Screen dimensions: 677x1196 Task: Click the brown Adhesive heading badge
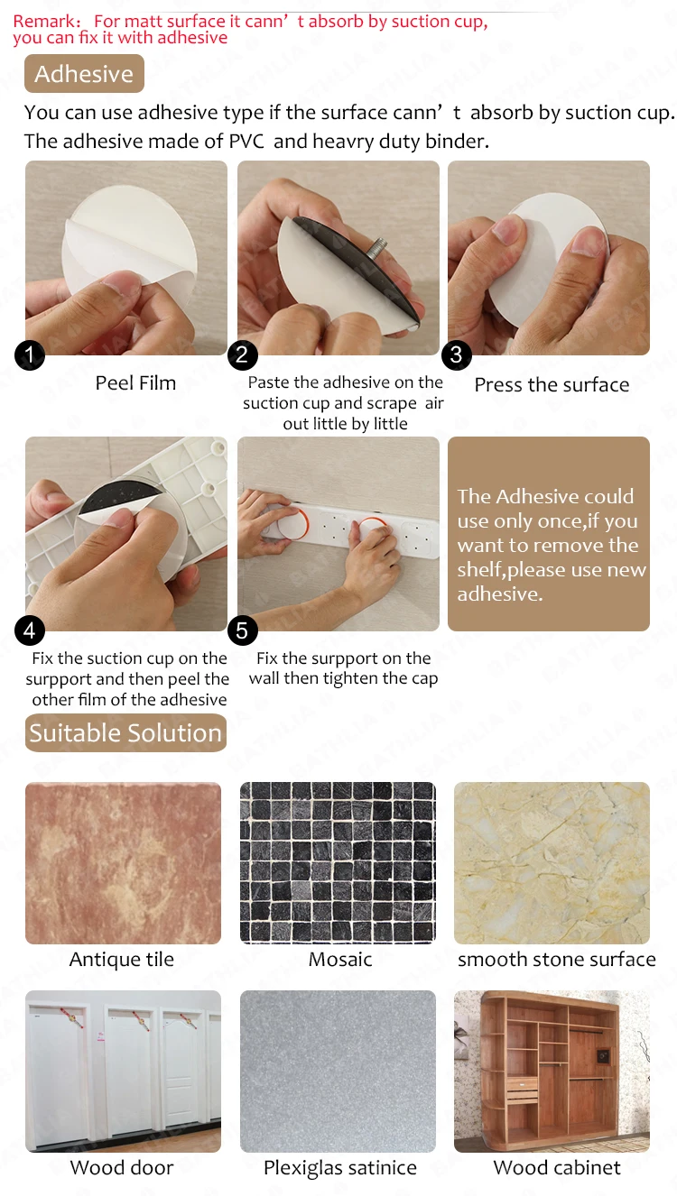pyautogui.click(x=85, y=74)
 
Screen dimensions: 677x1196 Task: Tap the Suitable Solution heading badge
pyautogui.click(x=125, y=732)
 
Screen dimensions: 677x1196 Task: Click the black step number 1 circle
pyautogui.click(x=30, y=355)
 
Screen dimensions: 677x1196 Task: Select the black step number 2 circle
pyautogui.click(x=243, y=355)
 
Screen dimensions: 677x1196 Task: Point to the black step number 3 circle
pyautogui.click(x=457, y=355)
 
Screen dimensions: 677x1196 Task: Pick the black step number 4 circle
pyautogui.click(x=30, y=630)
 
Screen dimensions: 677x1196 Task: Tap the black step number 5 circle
pyautogui.click(x=243, y=630)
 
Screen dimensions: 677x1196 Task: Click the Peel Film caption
pyautogui.click(x=135, y=382)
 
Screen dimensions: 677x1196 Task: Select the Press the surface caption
pyautogui.click(x=552, y=385)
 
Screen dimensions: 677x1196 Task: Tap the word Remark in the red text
pyautogui.click(x=45, y=22)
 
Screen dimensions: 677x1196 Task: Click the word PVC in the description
pyautogui.click(x=246, y=142)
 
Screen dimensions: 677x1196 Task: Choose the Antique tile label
pyautogui.click(x=122, y=960)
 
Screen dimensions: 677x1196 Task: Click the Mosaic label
pyautogui.click(x=340, y=960)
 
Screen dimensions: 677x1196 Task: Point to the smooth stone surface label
pyautogui.click(x=557, y=960)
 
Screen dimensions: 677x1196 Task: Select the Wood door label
pyautogui.click(x=122, y=1168)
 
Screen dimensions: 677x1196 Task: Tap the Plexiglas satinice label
pyautogui.click(x=340, y=1168)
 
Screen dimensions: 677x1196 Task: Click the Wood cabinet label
pyautogui.click(x=557, y=1168)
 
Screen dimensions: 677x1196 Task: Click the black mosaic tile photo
pyautogui.click(x=338, y=863)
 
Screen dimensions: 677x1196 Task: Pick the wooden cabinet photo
pyautogui.click(x=552, y=1071)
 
